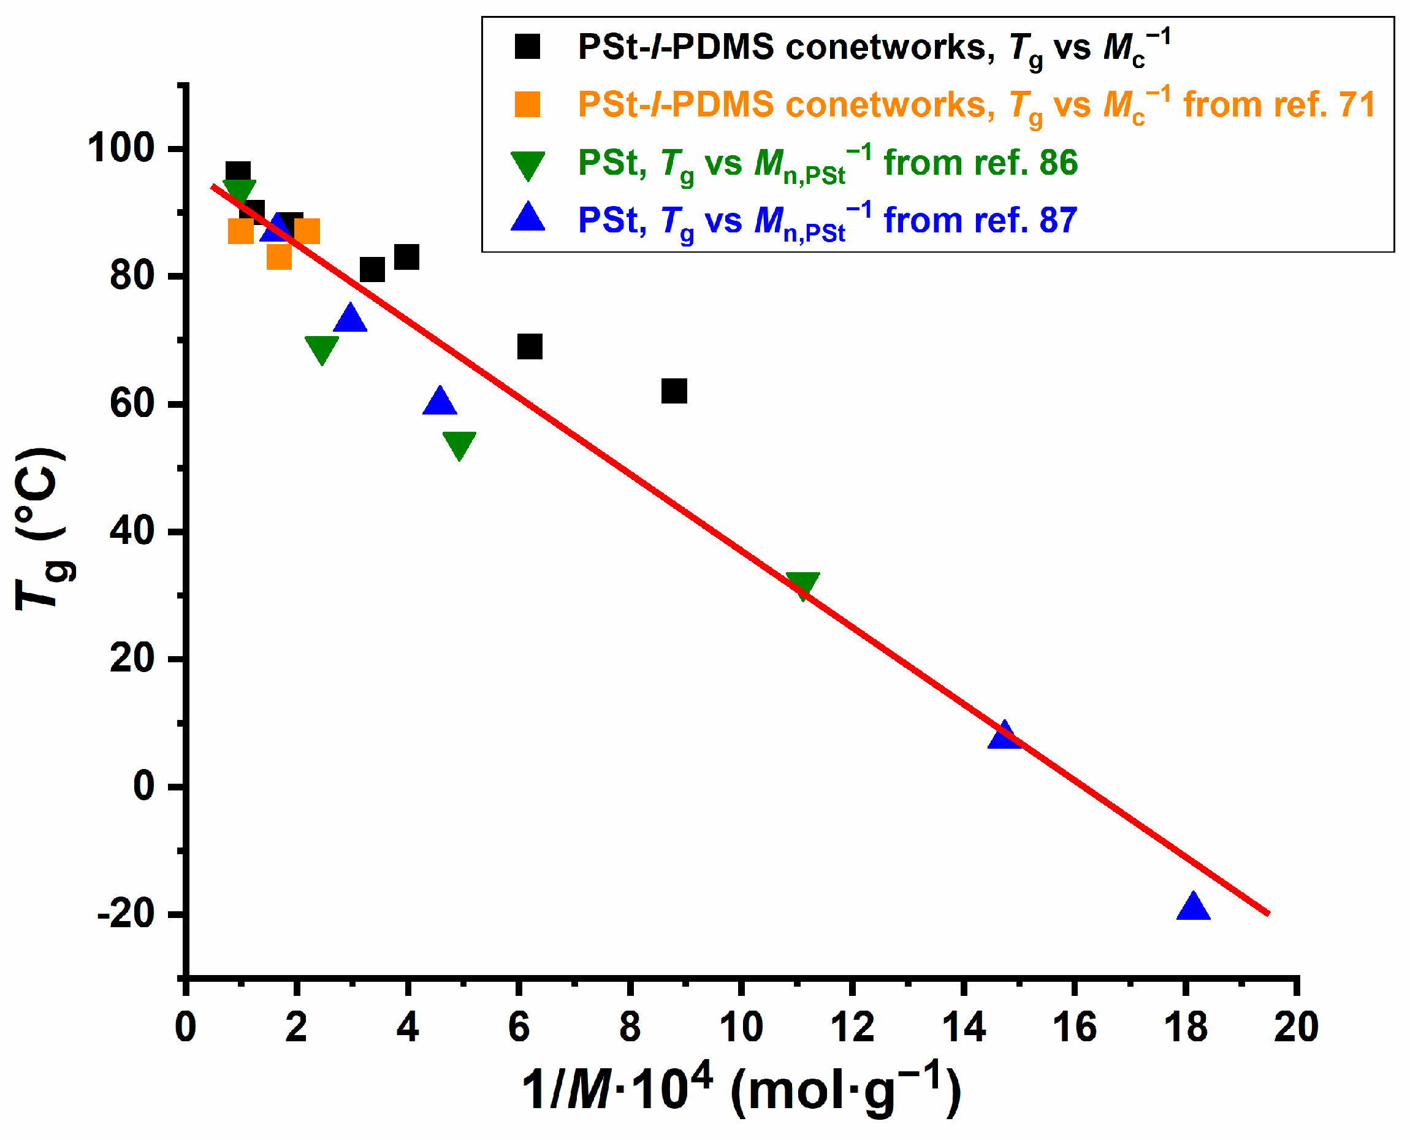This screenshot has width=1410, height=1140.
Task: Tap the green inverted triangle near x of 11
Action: (802, 584)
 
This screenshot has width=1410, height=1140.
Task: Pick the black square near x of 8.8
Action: (674, 391)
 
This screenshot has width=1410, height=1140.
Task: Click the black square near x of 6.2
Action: (530, 346)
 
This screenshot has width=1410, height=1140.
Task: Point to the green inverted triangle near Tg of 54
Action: (459, 445)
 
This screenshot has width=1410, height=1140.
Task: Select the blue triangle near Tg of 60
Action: (439, 401)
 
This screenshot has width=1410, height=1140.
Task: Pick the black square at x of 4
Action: (406, 257)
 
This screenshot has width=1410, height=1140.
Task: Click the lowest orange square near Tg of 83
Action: (279, 258)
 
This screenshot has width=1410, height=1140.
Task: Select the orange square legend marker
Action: (527, 104)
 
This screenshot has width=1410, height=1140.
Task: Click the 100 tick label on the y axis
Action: (121, 148)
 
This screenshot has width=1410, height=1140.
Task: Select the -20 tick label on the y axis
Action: (126, 914)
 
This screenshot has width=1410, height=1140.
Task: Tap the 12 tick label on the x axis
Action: (852, 1027)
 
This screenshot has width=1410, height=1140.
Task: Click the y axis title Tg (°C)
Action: (43, 529)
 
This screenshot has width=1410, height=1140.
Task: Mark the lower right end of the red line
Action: (1269, 912)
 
